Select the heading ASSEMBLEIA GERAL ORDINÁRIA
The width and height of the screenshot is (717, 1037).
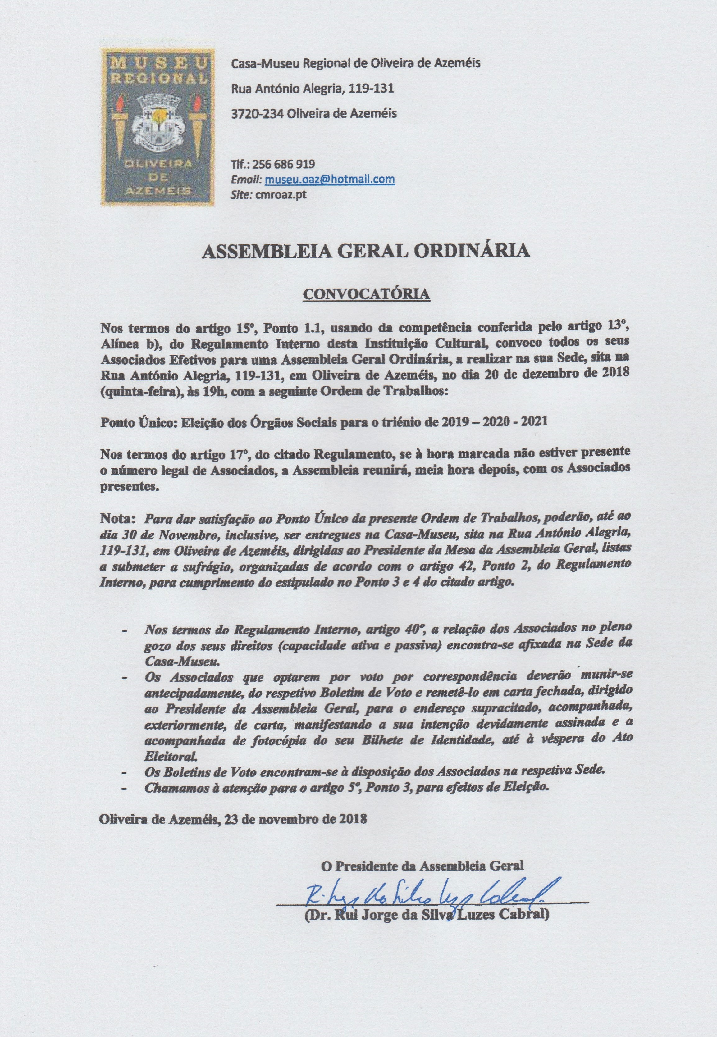coord(366,252)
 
